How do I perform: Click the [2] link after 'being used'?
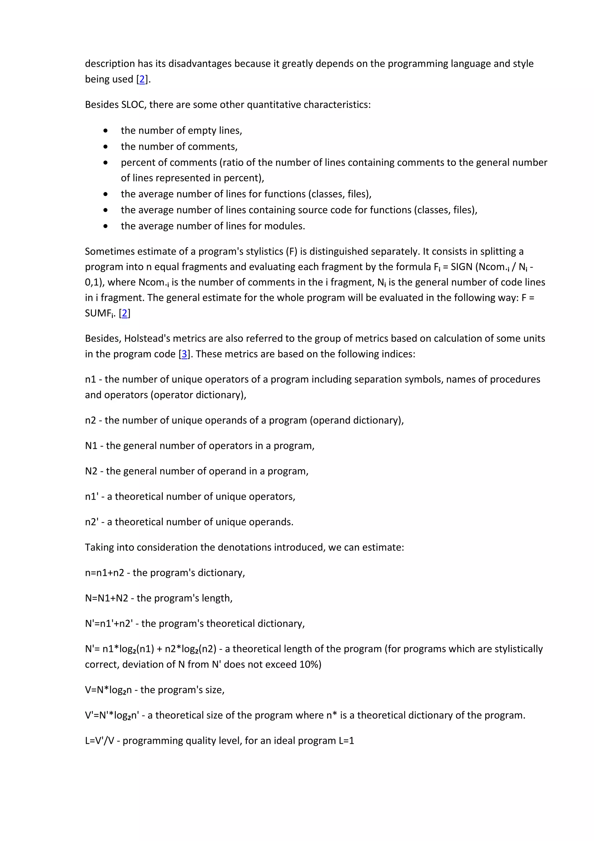tap(142, 79)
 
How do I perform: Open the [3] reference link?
tap(184, 354)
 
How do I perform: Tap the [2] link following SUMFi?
tap(125, 313)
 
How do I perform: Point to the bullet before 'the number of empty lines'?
tap(106, 131)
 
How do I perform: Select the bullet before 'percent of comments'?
tap(106, 163)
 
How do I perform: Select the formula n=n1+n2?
tap(104, 573)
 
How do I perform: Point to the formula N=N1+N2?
tap(106, 598)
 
